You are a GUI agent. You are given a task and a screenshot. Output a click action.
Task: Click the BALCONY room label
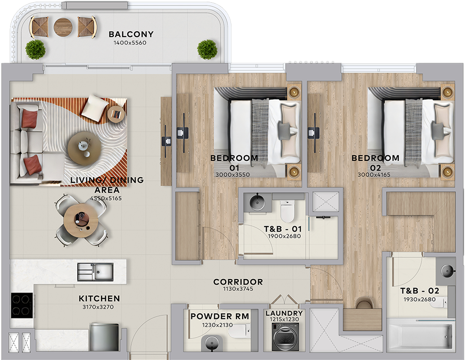pos(131,34)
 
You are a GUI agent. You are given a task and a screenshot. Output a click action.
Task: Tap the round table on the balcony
pos(63,27)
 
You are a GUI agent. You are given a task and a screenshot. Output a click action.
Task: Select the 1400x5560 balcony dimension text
pos(130,43)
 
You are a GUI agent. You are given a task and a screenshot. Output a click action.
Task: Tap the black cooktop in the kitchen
pos(21,306)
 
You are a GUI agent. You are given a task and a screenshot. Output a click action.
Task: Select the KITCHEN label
pos(99,298)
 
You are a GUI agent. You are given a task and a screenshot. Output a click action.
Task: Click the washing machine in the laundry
pos(285,337)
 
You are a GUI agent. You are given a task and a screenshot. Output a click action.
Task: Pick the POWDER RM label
pos(220,316)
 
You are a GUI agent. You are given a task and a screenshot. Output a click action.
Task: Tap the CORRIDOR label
pos(238,282)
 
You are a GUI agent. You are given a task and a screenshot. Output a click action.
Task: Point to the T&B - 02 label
pos(420,291)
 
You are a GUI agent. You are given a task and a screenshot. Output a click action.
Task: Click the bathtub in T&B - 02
pos(420,336)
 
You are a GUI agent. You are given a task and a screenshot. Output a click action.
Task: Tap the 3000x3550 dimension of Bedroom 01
pos(232,174)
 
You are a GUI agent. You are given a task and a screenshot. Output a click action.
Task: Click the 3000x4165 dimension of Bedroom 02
pos(374,174)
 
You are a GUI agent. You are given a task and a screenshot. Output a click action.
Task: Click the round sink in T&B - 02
pos(447,271)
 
